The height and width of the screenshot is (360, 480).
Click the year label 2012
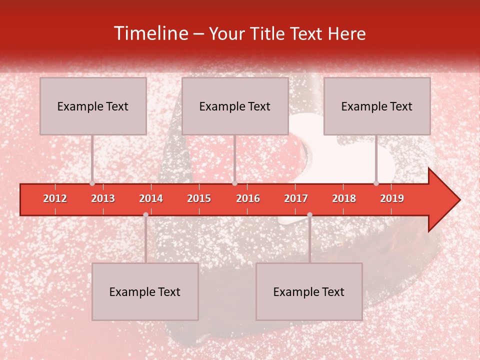tap(55, 198)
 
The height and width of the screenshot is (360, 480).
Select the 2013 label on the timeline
tap(103, 198)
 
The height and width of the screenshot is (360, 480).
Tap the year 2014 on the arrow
tap(151, 198)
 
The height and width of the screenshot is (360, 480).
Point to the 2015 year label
tap(199, 198)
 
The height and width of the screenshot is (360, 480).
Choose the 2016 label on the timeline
tap(248, 198)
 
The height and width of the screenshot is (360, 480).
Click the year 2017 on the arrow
tap(296, 198)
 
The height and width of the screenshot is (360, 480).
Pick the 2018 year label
tap(344, 198)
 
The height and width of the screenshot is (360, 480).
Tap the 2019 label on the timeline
tap(392, 198)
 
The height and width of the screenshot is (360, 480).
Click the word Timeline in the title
tap(150, 33)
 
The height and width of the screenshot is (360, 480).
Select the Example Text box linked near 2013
tap(93, 106)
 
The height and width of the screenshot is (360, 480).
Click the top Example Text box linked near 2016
tap(235, 106)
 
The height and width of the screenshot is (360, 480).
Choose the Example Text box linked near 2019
tap(377, 106)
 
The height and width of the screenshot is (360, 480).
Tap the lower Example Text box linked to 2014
tap(145, 291)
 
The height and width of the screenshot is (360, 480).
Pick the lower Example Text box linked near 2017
tap(309, 291)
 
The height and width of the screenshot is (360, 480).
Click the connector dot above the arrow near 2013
tap(92, 183)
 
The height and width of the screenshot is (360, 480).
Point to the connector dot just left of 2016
tap(234, 183)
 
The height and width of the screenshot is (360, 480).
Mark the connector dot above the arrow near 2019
tap(376, 183)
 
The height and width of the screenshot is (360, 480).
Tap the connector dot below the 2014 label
tap(145, 214)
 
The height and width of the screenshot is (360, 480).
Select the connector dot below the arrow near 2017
tap(309, 214)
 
